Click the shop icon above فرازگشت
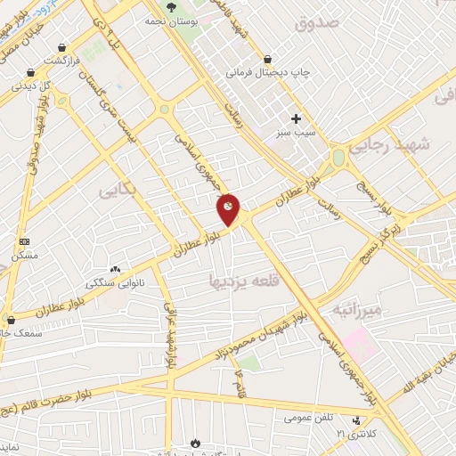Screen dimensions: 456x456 point(61,48)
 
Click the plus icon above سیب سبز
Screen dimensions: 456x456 point(297,118)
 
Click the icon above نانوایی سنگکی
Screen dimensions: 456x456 point(114,269)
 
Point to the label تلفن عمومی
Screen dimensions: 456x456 point(308,416)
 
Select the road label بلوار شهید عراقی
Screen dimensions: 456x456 point(169,335)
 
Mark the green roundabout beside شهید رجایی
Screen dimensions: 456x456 point(338,159)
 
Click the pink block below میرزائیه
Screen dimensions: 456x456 point(359,342)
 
